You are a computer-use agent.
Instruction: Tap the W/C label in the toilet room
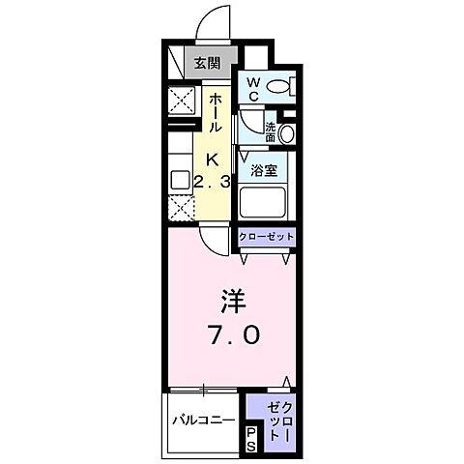[x=251, y=90]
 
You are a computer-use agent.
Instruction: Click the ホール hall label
[x=216, y=114]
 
